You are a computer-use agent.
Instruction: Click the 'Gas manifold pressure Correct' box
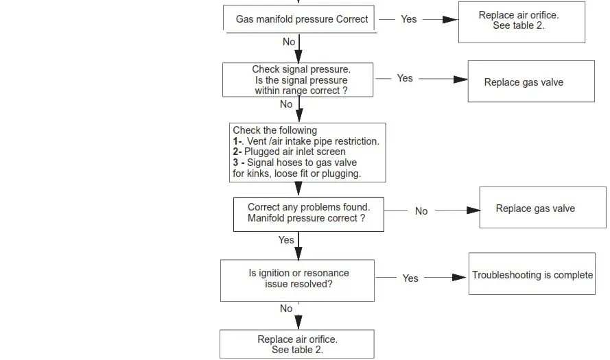(x=301, y=19)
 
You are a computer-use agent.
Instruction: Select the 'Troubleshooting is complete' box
(x=532, y=275)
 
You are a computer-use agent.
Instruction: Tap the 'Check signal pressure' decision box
(x=298, y=80)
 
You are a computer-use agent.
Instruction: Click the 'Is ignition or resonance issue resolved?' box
(x=297, y=279)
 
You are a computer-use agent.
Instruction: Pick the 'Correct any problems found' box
(x=308, y=213)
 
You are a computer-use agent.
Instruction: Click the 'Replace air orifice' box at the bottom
(x=297, y=344)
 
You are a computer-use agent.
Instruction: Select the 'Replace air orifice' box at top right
(x=521, y=21)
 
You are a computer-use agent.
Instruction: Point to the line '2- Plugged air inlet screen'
(x=289, y=152)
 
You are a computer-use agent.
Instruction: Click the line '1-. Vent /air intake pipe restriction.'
(x=305, y=141)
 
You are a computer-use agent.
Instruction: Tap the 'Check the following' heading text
(x=274, y=130)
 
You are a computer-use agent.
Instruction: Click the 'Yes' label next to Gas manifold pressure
(x=409, y=19)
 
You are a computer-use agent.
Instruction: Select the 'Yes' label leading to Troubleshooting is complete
(x=410, y=278)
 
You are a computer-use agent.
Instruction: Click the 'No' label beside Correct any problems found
(x=421, y=211)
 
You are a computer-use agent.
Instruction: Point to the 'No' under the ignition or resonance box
(x=286, y=309)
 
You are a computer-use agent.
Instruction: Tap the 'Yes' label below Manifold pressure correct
(x=286, y=240)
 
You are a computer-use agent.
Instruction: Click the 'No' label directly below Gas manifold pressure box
(x=289, y=42)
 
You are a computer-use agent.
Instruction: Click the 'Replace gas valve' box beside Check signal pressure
(x=530, y=82)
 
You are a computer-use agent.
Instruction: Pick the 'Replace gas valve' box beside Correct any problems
(x=542, y=208)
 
